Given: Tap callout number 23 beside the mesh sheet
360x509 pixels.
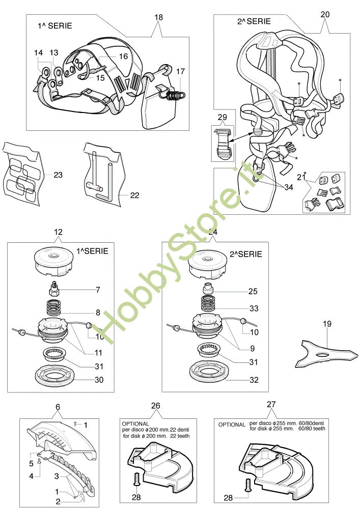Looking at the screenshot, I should pyautogui.click(x=58, y=175).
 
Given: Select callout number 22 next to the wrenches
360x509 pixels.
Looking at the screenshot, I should pyautogui.click(x=134, y=195).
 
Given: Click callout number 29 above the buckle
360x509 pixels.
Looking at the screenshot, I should pyautogui.click(x=222, y=118).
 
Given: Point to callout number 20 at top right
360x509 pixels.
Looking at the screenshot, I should pyautogui.click(x=325, y=14).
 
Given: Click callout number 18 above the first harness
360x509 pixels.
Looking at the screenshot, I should pyautogui.click(x=158, y=17).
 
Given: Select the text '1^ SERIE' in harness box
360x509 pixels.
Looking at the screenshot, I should pyautogui.click(x=54, y=25).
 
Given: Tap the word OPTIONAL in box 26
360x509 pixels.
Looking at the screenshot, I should pyautogui.click(x=135, y=423).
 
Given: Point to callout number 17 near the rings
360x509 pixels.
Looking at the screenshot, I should pyautogui.click(x=181, y=72).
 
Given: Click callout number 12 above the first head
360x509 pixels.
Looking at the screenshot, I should pyautogui.click(x=58, y=232).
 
